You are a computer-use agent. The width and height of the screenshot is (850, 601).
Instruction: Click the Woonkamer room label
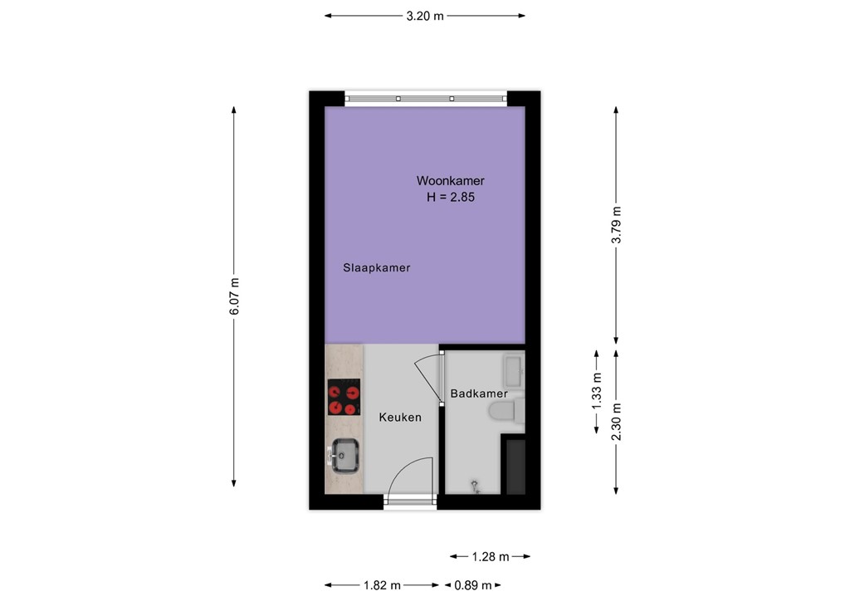pos(450,181)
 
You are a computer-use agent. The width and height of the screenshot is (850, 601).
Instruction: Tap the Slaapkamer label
pos(377,268)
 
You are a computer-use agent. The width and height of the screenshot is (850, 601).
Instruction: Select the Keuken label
pos(400,418)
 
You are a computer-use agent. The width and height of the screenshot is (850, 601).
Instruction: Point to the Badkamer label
pos(479,393)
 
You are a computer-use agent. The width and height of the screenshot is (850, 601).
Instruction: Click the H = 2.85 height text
pos(450,198)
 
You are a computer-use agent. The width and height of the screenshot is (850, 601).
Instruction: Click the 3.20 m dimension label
pos(424,16)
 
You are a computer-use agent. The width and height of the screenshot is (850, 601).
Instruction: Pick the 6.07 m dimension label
pos(234,296)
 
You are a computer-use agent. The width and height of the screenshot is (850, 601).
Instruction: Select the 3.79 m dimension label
pos(616,224)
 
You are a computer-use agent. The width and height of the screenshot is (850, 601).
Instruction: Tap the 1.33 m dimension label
pos(596,391)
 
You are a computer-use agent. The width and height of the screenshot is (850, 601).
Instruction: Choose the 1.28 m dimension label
pos(490,556)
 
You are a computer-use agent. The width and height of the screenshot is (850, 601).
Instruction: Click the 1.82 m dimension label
pos(383,584)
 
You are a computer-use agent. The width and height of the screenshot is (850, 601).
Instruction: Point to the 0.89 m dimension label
pos(472,584)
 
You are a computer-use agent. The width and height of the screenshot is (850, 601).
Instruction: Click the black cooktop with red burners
pos(344,397)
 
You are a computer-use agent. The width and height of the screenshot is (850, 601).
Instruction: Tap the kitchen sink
pos(343,454)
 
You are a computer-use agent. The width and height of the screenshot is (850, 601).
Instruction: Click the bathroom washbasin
pos(513,370)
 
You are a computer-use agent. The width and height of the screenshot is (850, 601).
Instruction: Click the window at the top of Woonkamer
pos(425,98)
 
